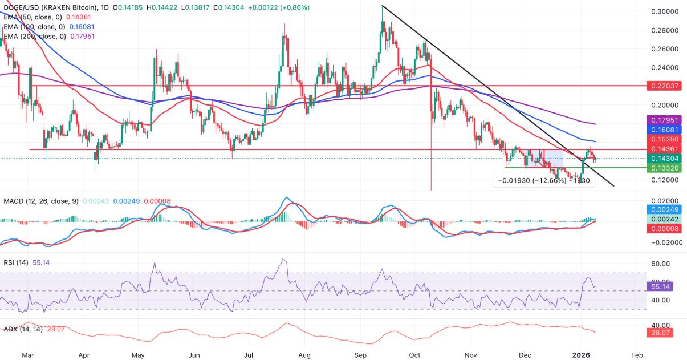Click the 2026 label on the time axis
(580, 354)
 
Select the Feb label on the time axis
(637, 354)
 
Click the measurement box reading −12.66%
(543, 181)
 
